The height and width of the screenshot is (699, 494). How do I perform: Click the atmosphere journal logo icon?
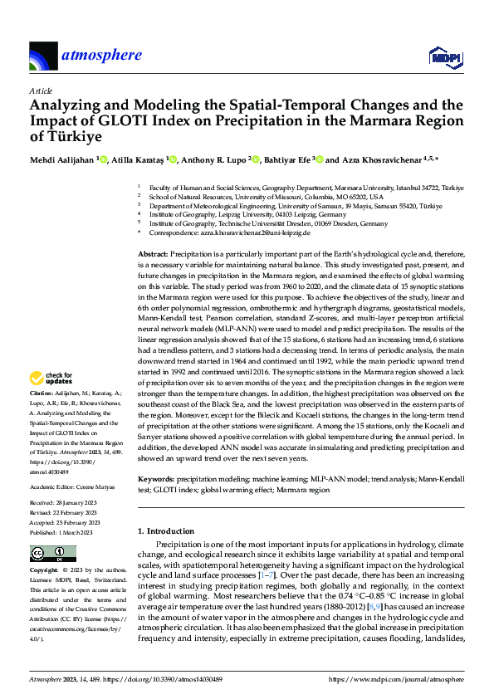(42, 56)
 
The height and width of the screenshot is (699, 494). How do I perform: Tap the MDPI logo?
(443, 56)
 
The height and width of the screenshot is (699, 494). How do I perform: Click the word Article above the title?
(41, 90)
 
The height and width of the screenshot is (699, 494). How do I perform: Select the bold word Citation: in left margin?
(42, 392)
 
